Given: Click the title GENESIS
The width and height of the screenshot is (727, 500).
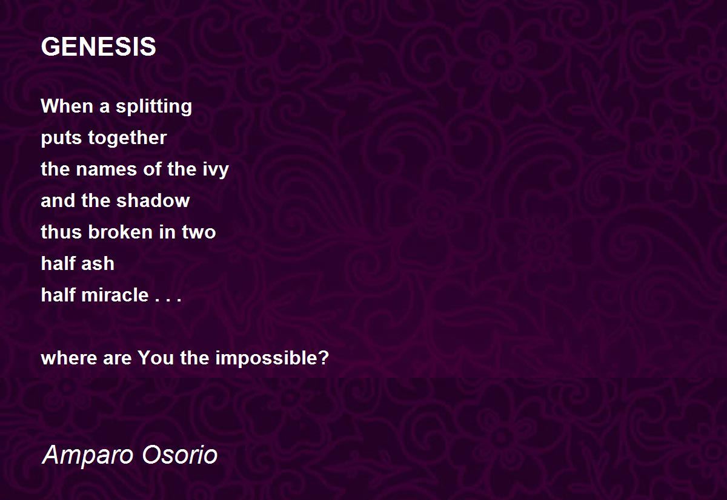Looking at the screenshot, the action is tap(98, 47).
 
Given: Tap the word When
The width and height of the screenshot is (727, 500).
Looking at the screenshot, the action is tap(67, 106).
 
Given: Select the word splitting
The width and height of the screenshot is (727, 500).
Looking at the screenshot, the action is tap(154, 107).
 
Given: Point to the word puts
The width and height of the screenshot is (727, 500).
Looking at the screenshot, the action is tap(61, 138).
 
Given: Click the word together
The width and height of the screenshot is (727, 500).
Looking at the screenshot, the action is tap(127, 138).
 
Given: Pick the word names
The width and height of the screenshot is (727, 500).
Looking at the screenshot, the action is tap(106, 169).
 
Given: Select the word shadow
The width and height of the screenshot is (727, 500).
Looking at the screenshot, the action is tap(153, 201).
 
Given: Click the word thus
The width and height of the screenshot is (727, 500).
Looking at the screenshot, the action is tap(61, 232).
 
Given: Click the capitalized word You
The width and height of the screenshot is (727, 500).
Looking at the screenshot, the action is tap(156, 358).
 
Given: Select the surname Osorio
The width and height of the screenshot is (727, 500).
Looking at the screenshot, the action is tap(179, 455).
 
